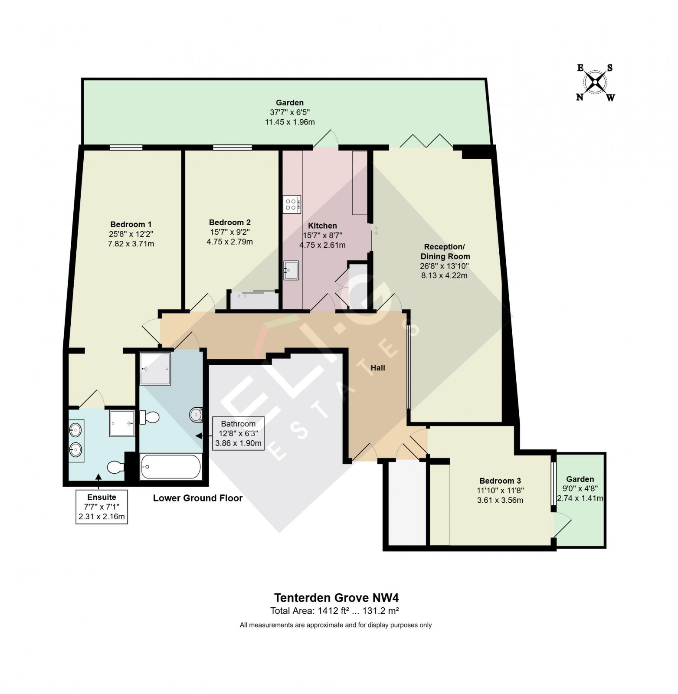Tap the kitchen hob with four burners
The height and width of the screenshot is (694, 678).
coord(292,204)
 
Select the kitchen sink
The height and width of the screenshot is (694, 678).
coord(291,271)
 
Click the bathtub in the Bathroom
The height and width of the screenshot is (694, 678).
coord(171,467)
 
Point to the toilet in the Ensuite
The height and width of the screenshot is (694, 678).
coord(115,467)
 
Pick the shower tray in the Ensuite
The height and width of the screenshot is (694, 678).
coord(122,423)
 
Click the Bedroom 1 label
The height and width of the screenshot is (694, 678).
coord(131,224)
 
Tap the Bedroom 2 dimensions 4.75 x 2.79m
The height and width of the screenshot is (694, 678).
coord(229,242)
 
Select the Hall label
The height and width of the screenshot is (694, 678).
coord(377,368)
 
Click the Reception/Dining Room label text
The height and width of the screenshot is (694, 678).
coord(445,252)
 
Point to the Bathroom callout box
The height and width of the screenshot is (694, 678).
coord(238,433)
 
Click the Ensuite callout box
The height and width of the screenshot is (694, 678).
coord(102,507)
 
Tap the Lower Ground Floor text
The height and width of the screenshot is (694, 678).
coord(197,498)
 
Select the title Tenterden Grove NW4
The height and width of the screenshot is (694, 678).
coord(336,598)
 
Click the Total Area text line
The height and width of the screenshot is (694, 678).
coord(334,611)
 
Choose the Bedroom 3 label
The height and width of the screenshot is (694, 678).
coord(500,481)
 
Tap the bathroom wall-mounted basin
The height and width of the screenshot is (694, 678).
coord(196,415)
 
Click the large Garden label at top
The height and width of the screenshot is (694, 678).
coord(289,103)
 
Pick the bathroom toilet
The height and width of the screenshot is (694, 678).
coord(150,418)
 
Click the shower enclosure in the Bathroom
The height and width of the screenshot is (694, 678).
coord(155,369)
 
